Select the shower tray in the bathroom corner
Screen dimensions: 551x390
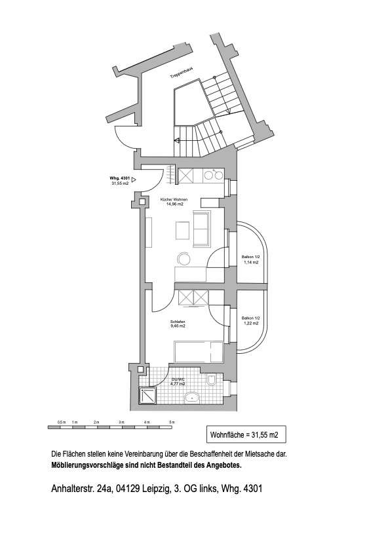pos(146,394)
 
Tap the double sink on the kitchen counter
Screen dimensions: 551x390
pos(211,175)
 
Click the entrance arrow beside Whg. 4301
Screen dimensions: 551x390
pos(134,178)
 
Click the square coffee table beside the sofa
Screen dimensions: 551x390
pos(182,231)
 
